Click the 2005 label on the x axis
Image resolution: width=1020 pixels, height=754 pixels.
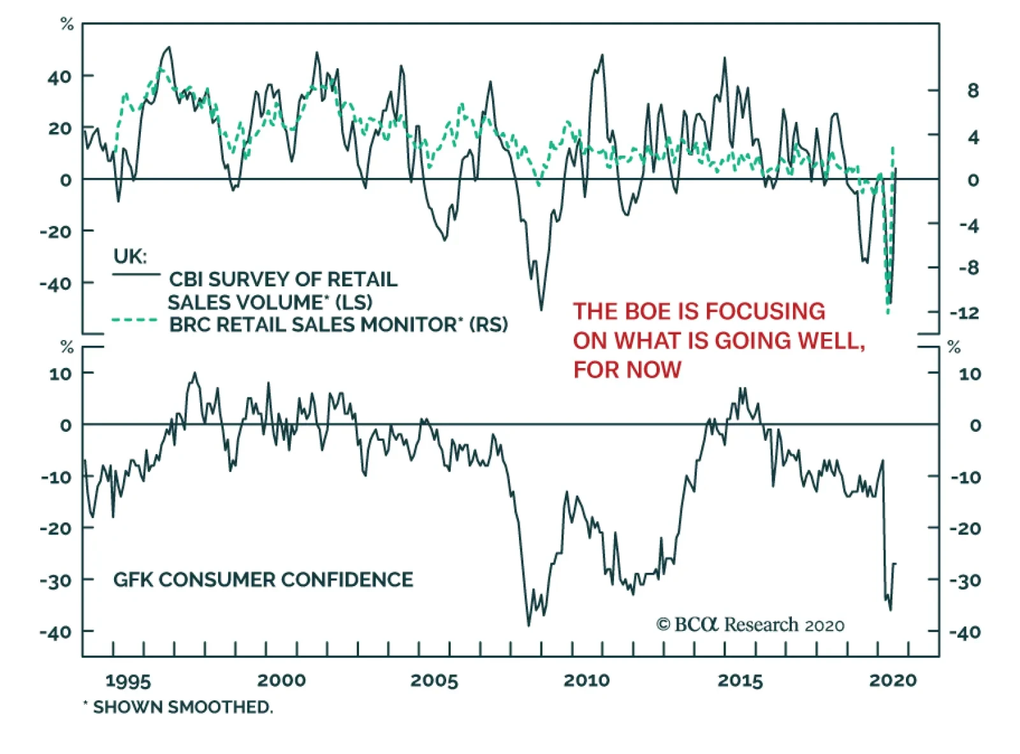click(x=434, y=681)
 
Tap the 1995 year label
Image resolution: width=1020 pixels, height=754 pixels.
click(x=128, y=681)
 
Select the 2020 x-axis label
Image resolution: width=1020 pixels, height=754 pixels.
click(x=892, y=681)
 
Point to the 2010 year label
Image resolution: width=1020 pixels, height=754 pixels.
click(x=586, y=681)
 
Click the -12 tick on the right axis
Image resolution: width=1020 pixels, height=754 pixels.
click(x=964, y=313)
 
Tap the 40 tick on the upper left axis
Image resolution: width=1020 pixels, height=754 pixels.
click(x=59, y=77)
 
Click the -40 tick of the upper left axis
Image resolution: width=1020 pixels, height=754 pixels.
click(x=56, y=283)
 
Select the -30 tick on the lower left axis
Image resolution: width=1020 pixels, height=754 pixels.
click(x=56, y=580)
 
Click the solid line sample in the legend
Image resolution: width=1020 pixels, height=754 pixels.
click(x=136, y=275)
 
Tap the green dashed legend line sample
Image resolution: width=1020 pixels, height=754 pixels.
click(x=135, y=320)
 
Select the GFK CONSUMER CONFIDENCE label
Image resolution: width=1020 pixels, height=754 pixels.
click(x=263, y=579)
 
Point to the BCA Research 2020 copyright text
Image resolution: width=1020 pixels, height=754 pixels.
click(x=750, y=625)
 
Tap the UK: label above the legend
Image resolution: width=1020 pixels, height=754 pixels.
click(x=130, y=256)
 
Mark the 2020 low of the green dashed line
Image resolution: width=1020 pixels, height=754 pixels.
click(x=887, y=313)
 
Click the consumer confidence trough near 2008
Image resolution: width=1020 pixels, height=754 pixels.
click(x=528, y=625)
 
